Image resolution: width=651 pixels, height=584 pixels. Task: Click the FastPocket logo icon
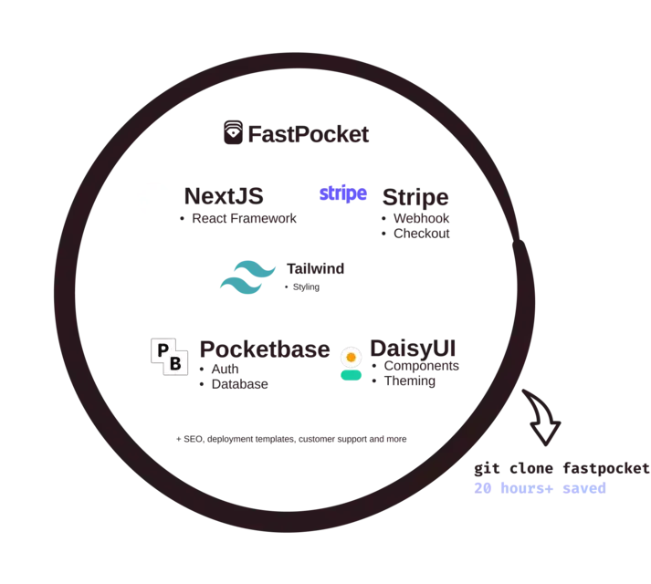pos(234,132)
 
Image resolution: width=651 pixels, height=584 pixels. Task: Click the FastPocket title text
pos(309,134)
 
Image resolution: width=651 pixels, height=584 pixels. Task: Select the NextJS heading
pos(224,196)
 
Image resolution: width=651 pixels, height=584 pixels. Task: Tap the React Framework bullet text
pos(244,218)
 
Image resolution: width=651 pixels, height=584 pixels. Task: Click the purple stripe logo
pos(343,193)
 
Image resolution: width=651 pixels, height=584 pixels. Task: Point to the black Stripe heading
pos(415,197)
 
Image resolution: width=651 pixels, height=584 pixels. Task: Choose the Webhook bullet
pos(422,218)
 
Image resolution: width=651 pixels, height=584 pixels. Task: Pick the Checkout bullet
pos(422,234)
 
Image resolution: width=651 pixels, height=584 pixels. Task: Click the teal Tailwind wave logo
pos(247,277)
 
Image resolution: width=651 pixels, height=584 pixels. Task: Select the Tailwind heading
pos(316,268)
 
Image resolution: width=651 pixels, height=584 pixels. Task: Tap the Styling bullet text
pos(306,287)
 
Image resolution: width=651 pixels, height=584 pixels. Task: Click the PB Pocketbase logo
pos(170,357)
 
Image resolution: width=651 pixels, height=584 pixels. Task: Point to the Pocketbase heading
pos(265,349)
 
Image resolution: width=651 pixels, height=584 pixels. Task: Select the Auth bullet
pos(225,369)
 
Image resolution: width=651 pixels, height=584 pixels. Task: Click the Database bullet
pos(239,384)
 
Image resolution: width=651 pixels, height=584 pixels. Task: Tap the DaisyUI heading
pos(413,349)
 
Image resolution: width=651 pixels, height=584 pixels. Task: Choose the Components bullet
pos(422,366)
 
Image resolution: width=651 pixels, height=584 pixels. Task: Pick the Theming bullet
pos(410,381)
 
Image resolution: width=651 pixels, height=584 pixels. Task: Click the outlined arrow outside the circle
pos(542,417)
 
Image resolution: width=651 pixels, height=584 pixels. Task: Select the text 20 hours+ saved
pos(541,488)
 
